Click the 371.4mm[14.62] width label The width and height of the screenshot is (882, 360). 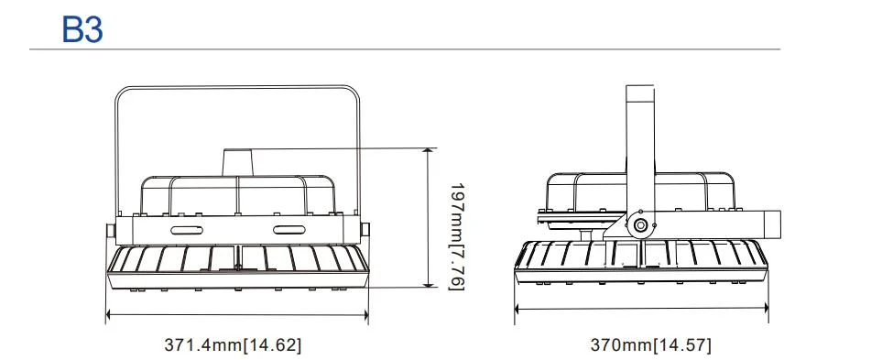pos(233,345)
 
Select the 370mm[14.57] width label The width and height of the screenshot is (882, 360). pos(650,345)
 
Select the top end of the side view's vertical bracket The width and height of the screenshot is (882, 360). pos(640,89)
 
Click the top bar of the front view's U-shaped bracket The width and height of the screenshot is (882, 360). pos(237,87)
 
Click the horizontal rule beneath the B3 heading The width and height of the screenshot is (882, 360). pos(404,49)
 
